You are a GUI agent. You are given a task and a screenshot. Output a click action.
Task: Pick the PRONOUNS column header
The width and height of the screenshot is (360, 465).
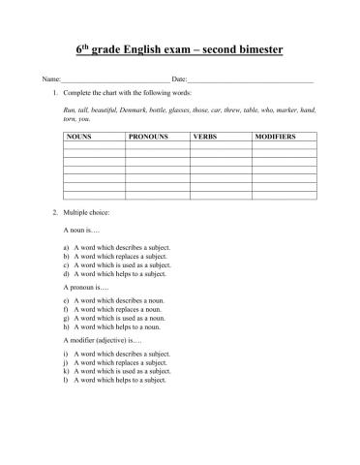(x=148, y=138)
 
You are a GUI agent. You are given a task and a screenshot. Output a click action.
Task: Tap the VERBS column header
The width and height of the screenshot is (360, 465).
(x=205, y=138)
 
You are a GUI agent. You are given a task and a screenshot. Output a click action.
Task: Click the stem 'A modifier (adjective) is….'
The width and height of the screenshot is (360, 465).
(x=102, y=341)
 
